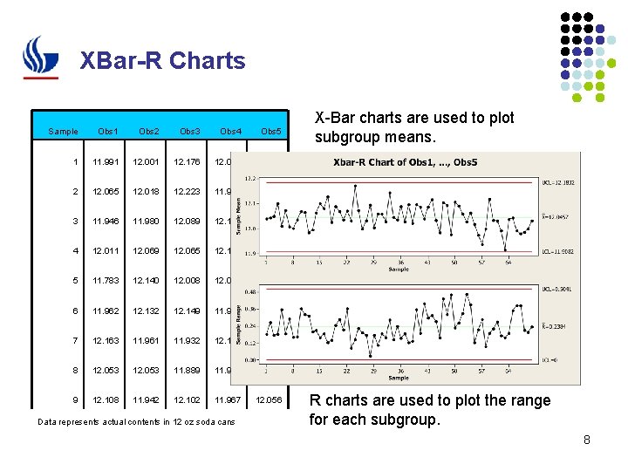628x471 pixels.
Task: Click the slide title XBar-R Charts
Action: tap(162, 61)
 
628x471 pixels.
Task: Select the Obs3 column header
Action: tap(189, 132)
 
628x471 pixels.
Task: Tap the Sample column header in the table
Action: tap(63, 132)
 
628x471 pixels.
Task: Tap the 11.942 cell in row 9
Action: tap(148, 400)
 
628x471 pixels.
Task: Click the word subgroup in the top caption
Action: tap(349, 137)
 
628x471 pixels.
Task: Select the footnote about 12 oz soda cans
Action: tap(136, 423)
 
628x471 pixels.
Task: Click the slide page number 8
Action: tap(587, 440)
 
